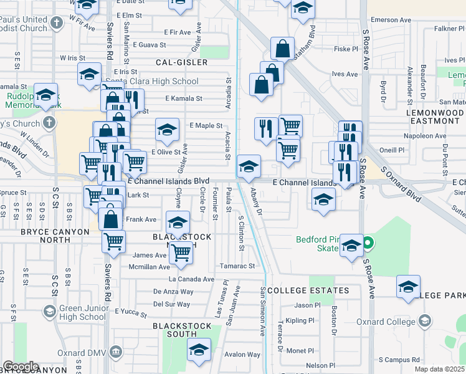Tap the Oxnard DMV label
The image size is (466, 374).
85,353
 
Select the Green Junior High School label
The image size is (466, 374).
83,312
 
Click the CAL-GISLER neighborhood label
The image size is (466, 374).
181,62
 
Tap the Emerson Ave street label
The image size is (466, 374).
391,20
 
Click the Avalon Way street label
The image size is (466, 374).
242,354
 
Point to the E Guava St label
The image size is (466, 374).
148,45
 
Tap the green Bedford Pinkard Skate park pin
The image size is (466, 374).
368,242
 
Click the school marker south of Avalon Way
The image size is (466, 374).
199,350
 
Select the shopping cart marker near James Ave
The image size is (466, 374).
181,252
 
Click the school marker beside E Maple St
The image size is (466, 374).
167,130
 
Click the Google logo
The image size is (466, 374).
21,367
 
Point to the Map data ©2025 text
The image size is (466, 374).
440,369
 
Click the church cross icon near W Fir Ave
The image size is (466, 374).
57,24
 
